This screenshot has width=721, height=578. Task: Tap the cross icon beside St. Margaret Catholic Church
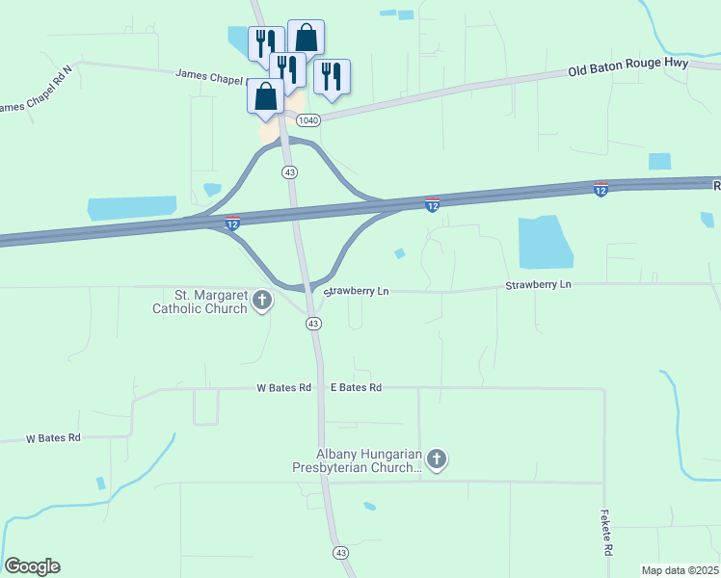click(261, 302)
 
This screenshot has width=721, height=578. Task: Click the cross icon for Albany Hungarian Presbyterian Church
click(437, 460)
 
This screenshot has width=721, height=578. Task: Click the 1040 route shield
click(307, 119)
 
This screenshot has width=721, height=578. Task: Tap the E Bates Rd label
click(357, 387)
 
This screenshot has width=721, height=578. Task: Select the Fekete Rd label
click(607, 533)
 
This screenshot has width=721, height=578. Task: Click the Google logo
click(32, 566)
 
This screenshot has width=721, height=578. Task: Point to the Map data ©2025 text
click(681, 570)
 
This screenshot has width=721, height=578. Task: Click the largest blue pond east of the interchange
click(545, 242)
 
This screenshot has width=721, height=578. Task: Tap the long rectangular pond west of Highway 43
click(132, 208)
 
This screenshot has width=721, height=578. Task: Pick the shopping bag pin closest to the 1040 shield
click(266, 96)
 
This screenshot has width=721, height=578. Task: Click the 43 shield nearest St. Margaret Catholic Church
click(313, 324)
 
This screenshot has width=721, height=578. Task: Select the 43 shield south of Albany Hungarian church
click(339, 552)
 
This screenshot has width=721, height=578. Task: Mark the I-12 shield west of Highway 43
click(232, 223)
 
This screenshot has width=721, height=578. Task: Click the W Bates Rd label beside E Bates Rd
click(283, 387)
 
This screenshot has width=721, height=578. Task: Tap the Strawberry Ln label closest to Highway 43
click(358, 291)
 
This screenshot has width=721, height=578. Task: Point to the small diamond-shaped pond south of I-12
click(399, 253)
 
